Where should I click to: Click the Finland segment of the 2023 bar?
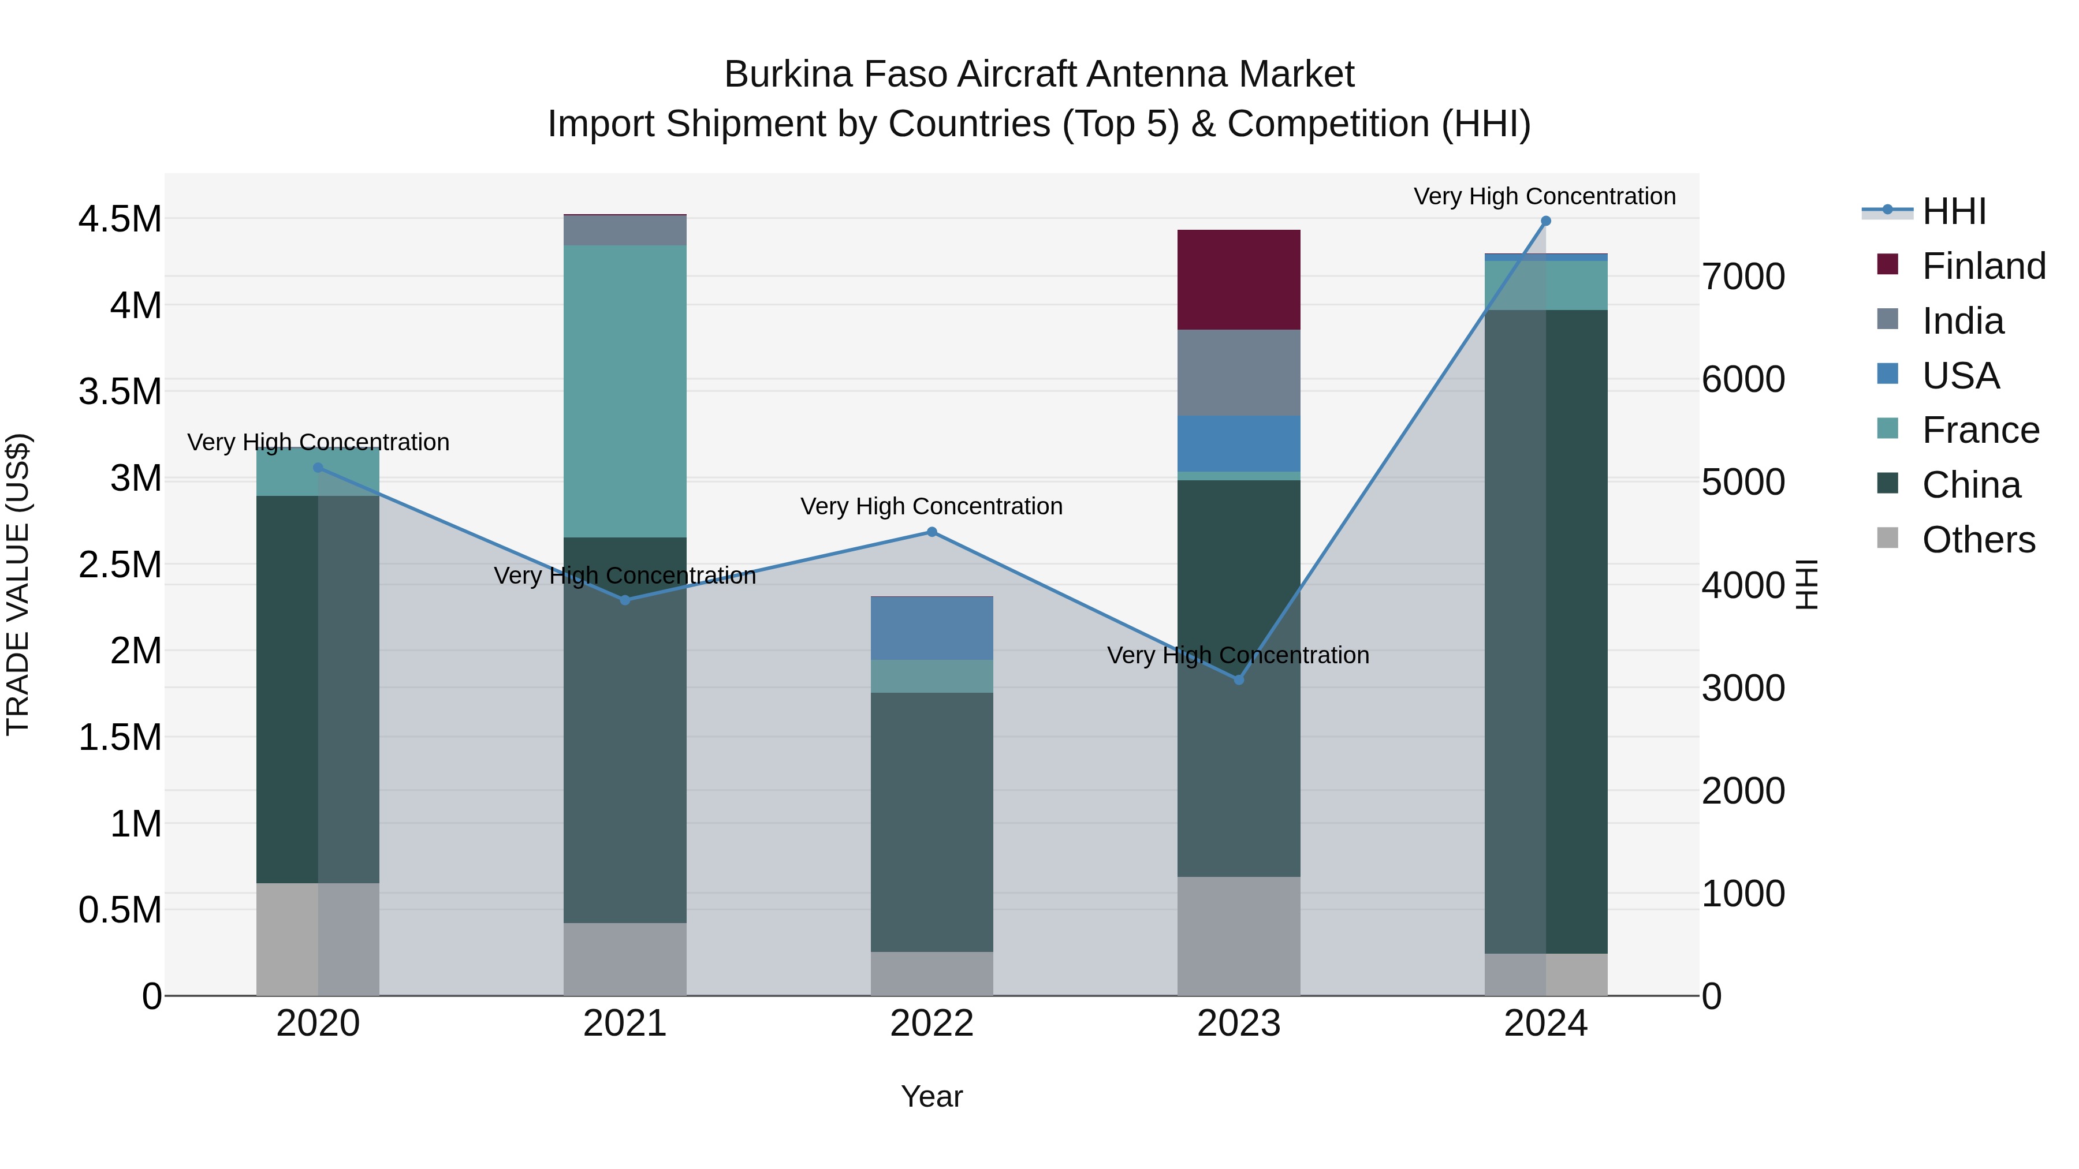coord(1238,279)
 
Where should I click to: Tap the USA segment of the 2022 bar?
coord(932,629)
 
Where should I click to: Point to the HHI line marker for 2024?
coord(1545,221)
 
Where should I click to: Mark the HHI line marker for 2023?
coord(1239,679)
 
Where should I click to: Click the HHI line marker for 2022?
coord(932,532)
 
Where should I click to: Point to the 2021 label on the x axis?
coord(625,1024)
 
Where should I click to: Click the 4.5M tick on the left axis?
coord(120,219)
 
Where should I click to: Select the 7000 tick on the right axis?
coord(1743,277)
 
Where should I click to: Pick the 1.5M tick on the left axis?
coord(120,737)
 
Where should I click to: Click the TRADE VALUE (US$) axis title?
coord(18,584)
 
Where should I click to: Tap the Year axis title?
coord(932,1096)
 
